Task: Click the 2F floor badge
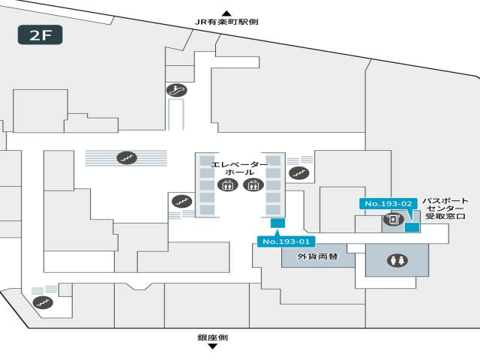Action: coord(40,35)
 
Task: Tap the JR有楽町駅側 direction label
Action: coord(226,22)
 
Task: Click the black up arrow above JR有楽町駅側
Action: coord(226,13)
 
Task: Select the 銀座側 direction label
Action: coord(212,337)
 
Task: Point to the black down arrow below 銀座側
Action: coord(212,346)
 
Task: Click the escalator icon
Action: coord(177,90)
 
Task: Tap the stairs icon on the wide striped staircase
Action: coord(126,157)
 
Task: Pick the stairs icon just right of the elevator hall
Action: coord(300,173)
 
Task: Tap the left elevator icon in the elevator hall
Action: coord(226,185)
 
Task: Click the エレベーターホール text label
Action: coord(239,168)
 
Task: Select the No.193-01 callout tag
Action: coord(285,241)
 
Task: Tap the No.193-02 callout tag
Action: coord(388,203)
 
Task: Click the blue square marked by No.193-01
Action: coord(277,223)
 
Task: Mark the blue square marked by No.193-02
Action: coord(412,227)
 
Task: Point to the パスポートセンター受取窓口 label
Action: coord(445,208)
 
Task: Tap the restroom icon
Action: coord(397,260)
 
